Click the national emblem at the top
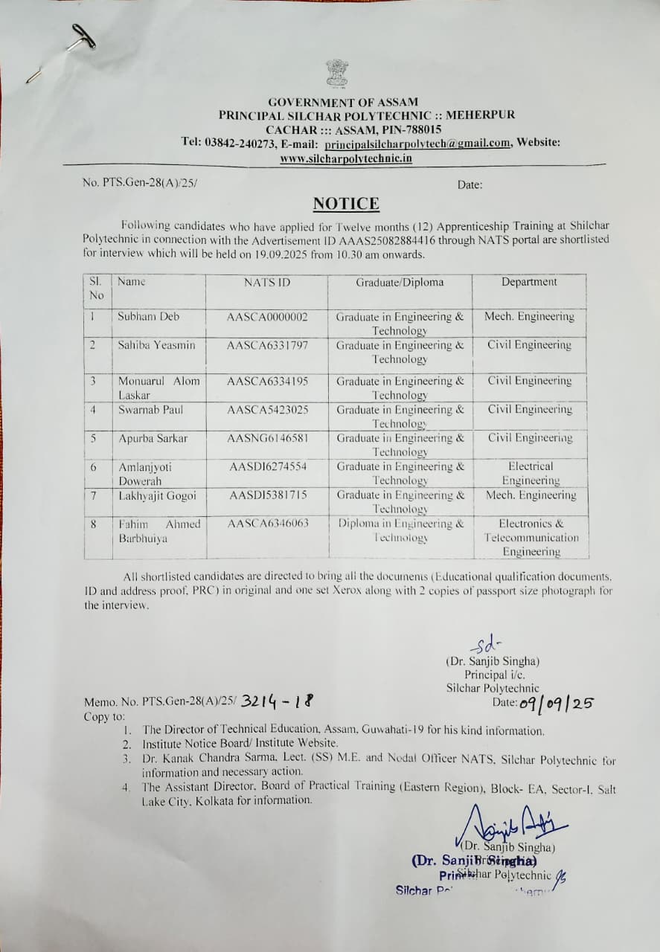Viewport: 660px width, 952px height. tap(337, 74)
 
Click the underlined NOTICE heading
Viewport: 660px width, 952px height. tap(346, 204)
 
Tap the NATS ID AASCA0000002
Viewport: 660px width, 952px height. tap(267, 317)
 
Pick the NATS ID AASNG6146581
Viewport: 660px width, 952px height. tap(267, 438)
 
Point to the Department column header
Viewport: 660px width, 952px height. tap(528, 282)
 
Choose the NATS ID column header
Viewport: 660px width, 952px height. tap(267, 282)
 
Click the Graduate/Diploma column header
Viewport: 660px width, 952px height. tap(400, 282)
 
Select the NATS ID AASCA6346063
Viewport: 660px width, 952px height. tap(267, 524)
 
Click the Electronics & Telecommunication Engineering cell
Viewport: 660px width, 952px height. tap(531, 538)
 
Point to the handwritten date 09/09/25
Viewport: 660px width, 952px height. tap(555, 703)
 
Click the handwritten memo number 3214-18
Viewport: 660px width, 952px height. tap(277, 701)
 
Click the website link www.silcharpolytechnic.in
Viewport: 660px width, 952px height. tap(347, 158)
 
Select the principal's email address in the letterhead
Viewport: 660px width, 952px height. tap(417, 144)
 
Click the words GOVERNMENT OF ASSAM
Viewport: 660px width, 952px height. tap(343, 102)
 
